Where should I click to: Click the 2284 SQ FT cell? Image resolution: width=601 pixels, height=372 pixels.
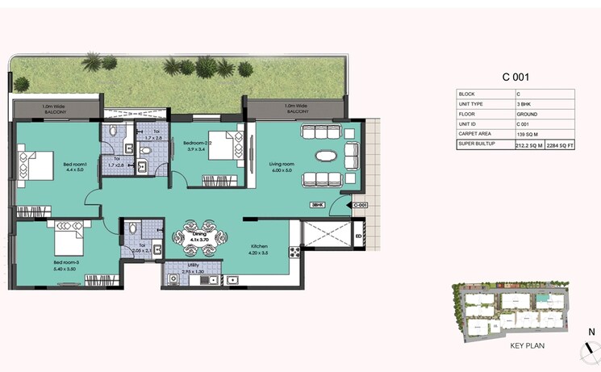pos(560,145)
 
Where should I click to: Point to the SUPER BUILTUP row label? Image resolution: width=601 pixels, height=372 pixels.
pos(476,145)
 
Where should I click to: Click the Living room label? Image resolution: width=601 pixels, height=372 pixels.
pos(283,166)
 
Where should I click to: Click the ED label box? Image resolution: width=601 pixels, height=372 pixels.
pos(358,236)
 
